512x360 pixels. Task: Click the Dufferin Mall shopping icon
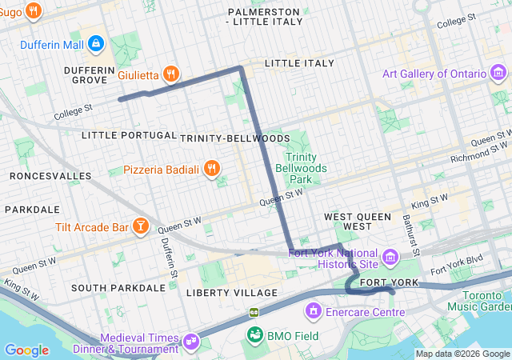click(96, 43)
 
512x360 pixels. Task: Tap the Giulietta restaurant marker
click(170, 75)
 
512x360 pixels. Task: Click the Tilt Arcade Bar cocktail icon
click(141, 227)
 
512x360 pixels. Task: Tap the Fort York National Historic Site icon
click(390, 257)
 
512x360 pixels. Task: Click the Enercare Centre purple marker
click(314, 310)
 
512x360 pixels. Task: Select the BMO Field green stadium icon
click(255, 334)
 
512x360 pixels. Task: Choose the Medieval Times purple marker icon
click(192, 342)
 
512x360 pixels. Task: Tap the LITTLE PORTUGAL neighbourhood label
click(129, 135)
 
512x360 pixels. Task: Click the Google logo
click(26, 350)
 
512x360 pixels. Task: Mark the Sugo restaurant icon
click(33, 11)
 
